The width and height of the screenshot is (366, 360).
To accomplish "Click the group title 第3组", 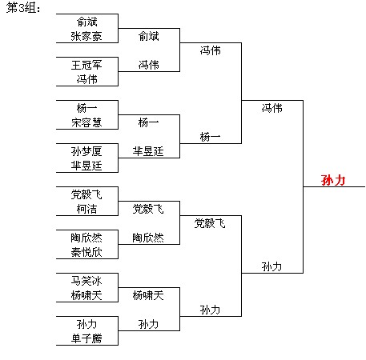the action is (23, 8).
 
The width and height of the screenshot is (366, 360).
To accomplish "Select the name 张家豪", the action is (86, 36).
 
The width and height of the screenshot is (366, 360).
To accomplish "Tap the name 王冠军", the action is (86, 65).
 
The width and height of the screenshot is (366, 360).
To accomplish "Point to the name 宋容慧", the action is (86, 122).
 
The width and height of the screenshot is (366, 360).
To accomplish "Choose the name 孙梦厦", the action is (86, 151).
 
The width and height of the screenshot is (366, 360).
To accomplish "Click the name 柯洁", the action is (86, 209).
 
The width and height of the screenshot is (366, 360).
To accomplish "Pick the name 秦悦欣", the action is (86, 252).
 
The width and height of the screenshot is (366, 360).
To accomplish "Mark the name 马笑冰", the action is (86, 281).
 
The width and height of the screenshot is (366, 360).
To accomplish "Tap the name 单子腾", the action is (86, 338).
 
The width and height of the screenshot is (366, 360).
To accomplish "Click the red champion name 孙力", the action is (333, 180).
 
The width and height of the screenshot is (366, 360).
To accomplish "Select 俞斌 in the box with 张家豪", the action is (86, 22).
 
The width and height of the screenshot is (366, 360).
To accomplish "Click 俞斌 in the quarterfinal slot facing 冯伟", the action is (148, 36).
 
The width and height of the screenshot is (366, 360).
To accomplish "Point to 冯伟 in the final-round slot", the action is (271, 108).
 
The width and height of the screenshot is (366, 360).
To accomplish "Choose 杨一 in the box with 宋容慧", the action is (86, 108).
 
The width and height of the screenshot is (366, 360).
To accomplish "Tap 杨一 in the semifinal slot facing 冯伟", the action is (210, 137).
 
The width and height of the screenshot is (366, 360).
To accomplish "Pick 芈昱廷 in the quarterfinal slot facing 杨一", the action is (148, 151).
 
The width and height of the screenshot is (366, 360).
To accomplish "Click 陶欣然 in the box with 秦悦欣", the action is (86, 238).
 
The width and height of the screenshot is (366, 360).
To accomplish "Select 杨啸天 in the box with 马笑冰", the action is (86, 295).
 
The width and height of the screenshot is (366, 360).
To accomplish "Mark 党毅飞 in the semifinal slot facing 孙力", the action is (210, 223).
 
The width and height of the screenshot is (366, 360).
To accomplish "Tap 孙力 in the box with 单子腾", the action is (86, 324).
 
